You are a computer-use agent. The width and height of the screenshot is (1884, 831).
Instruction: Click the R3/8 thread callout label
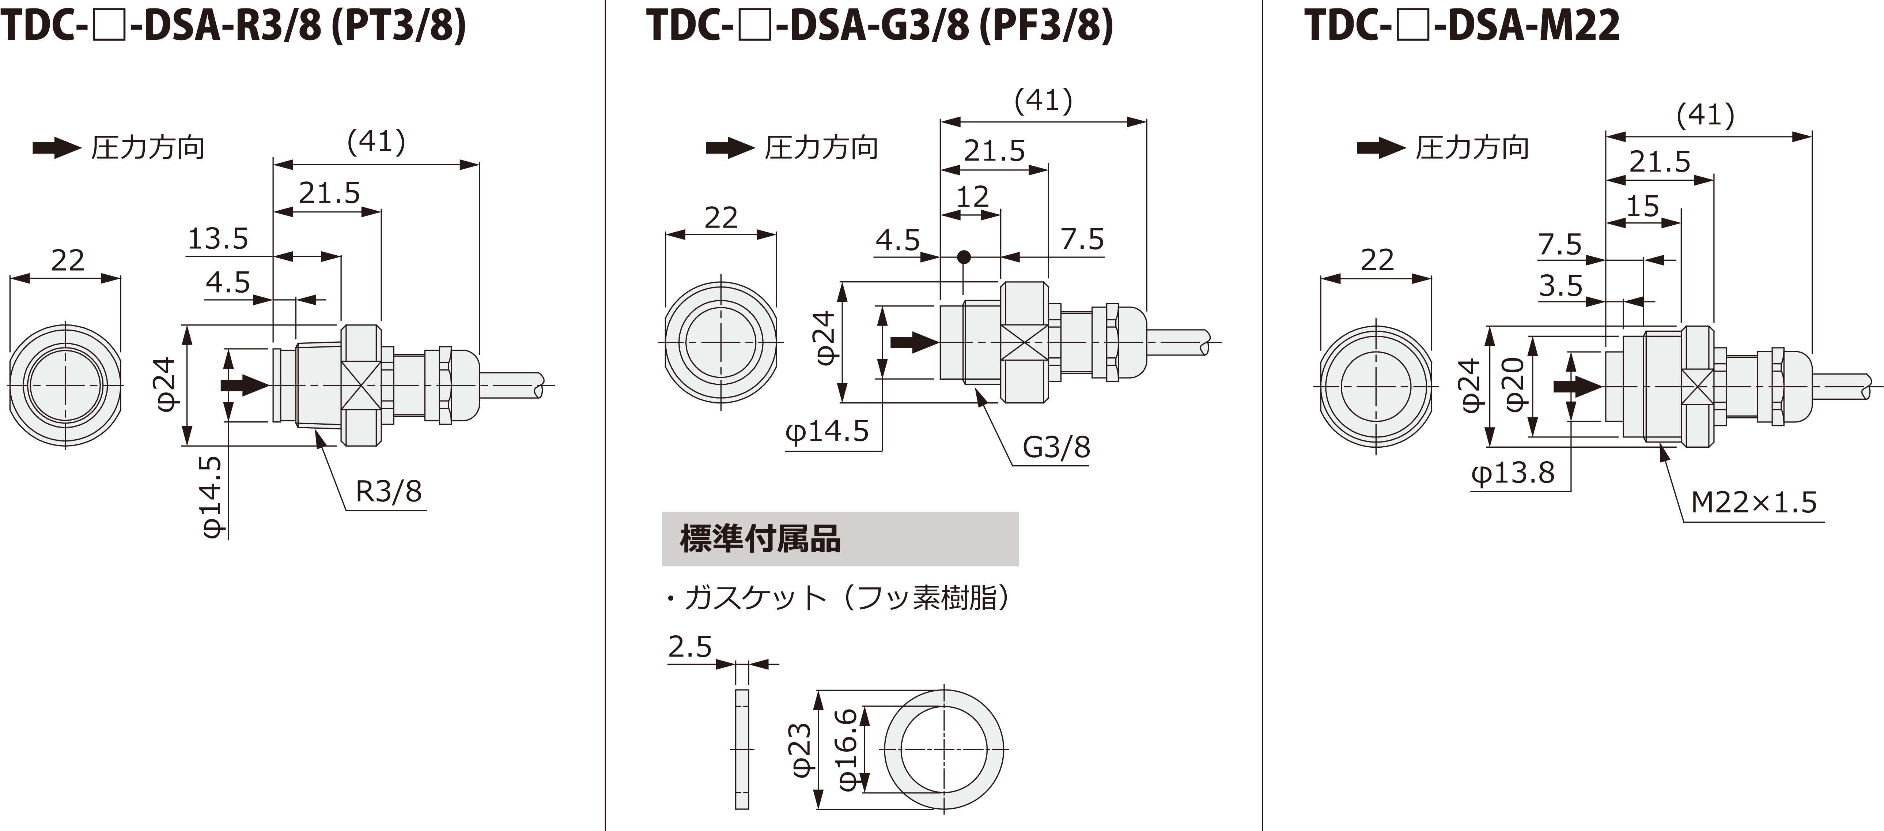point(388,492)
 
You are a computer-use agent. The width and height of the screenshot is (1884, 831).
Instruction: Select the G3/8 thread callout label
point(1056,447)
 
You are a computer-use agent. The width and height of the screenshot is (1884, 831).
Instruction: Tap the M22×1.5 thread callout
point(1754,503)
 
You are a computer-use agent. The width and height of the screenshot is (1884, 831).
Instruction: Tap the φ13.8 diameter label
point(1513,473)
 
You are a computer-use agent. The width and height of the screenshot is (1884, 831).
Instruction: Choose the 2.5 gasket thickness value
point(690,647)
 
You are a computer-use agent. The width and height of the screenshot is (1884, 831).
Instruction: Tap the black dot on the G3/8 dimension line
point(964,257)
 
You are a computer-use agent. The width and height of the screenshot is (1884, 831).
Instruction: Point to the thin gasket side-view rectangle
point(742,749)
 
